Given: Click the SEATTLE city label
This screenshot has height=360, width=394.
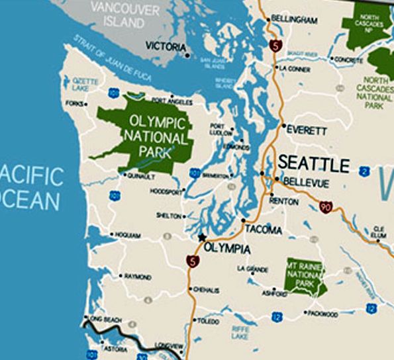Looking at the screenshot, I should (x=313, y=163).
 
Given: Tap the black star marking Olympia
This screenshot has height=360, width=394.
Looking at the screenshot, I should (x=202, y=238).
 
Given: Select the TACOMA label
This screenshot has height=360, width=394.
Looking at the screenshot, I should (x=264, y=230).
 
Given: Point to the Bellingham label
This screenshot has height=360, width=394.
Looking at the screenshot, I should (x=295, y=21).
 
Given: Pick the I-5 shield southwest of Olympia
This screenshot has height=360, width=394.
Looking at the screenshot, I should (x=191, y=261).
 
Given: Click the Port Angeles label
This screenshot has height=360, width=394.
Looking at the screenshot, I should (x=172, y=101).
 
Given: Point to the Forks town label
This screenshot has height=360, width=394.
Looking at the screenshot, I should (x=75, y=104).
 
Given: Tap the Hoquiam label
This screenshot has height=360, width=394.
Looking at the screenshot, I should (x=127, y=235).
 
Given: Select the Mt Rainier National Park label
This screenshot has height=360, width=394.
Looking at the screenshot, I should (x=304, y=274).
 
